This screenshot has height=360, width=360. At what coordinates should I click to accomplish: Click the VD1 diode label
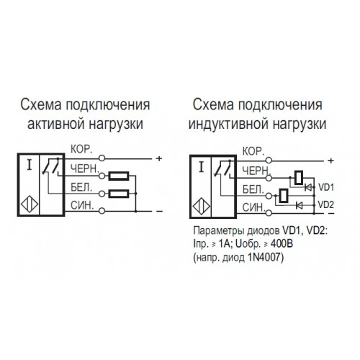coord(326,187)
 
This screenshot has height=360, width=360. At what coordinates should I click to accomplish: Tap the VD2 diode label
coord(326,204)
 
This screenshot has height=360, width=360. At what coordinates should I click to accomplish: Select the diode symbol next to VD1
coord(308,187)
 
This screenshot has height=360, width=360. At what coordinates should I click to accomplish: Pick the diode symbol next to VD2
coord(300,205)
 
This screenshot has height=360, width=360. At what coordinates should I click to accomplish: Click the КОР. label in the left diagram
coord(81,149)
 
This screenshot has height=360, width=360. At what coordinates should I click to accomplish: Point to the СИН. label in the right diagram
coord(253,207)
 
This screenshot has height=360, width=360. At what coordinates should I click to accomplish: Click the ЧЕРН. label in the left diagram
coord(85,168)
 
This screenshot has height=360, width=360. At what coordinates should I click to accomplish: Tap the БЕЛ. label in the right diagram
coord(253,189)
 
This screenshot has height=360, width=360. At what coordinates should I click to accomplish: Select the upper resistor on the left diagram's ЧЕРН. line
coord(119,176)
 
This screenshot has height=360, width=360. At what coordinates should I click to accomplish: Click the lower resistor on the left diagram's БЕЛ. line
coord(119,194)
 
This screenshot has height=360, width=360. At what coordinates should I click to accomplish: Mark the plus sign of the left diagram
coord(159,158)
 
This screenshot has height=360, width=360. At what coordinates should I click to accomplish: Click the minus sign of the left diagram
coord(159,212)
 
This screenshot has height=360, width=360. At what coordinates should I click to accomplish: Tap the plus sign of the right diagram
coord(330,161)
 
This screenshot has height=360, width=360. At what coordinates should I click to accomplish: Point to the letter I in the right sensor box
coord(202,167)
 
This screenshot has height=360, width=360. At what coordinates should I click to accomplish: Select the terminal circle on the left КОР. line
coord(102,158)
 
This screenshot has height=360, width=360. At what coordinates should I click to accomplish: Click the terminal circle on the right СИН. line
coord(269,212)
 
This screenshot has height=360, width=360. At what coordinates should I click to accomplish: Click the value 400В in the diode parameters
coord(282,244)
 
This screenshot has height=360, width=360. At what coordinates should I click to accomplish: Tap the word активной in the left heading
coord(55,125)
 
